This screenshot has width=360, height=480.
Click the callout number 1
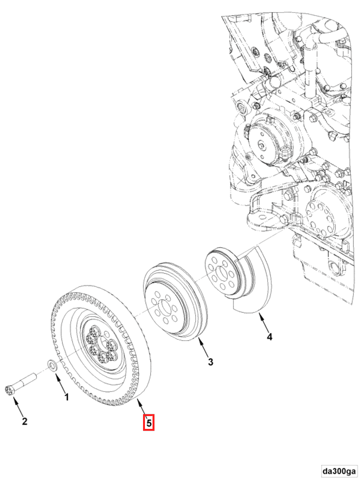point(66,397)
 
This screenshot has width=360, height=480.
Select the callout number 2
point(25,421)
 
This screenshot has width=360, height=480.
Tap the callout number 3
point(210,362)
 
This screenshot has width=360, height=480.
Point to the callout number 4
point(269,337)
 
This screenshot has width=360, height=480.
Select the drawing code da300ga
point(339,471)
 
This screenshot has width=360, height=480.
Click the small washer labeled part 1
point(52,365)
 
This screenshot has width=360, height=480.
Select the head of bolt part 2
point(9,391)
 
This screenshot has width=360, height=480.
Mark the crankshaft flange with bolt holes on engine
point(322,213)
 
